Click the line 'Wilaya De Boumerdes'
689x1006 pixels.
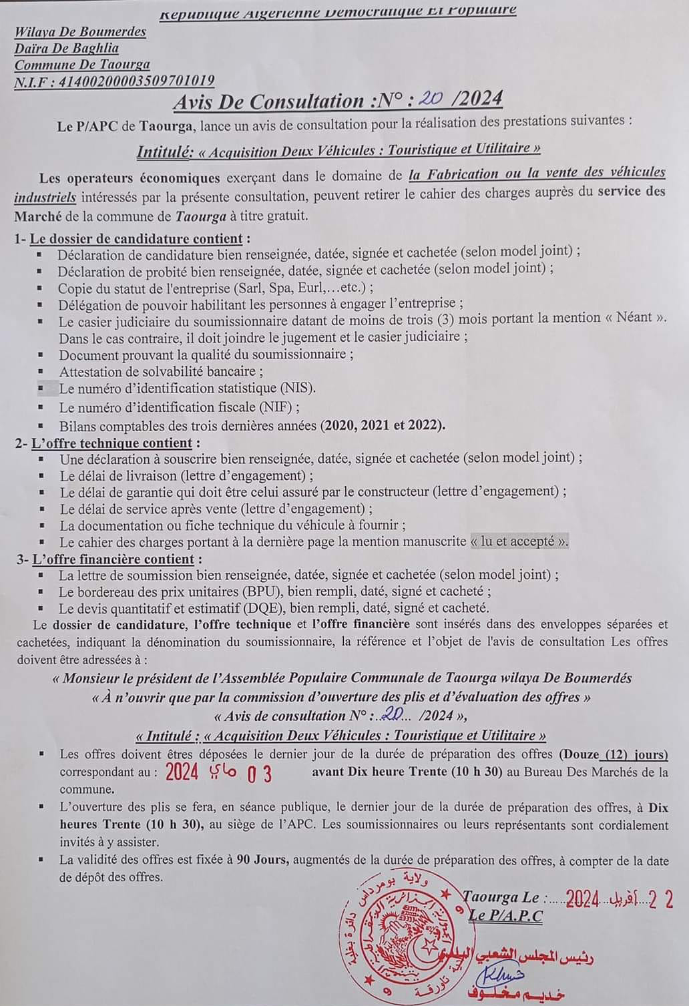point(80,31)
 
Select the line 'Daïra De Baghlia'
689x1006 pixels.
point(67,48)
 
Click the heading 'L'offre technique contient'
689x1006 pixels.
point(113,443)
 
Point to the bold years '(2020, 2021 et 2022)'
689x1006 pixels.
point(383,425)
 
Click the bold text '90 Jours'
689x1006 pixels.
point(263,859)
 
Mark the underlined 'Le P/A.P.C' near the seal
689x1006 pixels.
point(505,915)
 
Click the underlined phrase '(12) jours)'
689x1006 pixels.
point(635,754)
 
